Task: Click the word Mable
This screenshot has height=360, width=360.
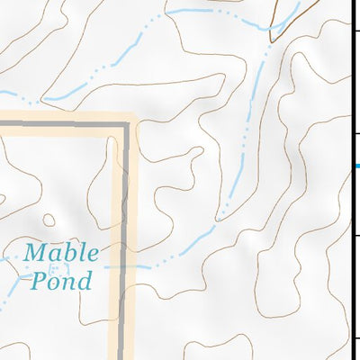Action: pos(61,252)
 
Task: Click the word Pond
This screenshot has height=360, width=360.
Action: pos(61,281)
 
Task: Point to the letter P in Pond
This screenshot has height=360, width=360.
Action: pos(39,281)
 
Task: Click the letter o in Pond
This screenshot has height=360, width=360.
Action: pos(55,283)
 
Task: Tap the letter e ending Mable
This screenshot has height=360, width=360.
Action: pos(92,254)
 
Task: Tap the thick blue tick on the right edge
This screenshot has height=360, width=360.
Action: pos(355,166)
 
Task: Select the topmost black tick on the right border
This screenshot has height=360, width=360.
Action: pos(356,32)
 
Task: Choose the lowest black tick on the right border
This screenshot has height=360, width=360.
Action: pos(356,338)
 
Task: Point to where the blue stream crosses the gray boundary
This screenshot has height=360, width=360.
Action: pos(120,267)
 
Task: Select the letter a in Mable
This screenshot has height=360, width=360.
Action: pos(58,254)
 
